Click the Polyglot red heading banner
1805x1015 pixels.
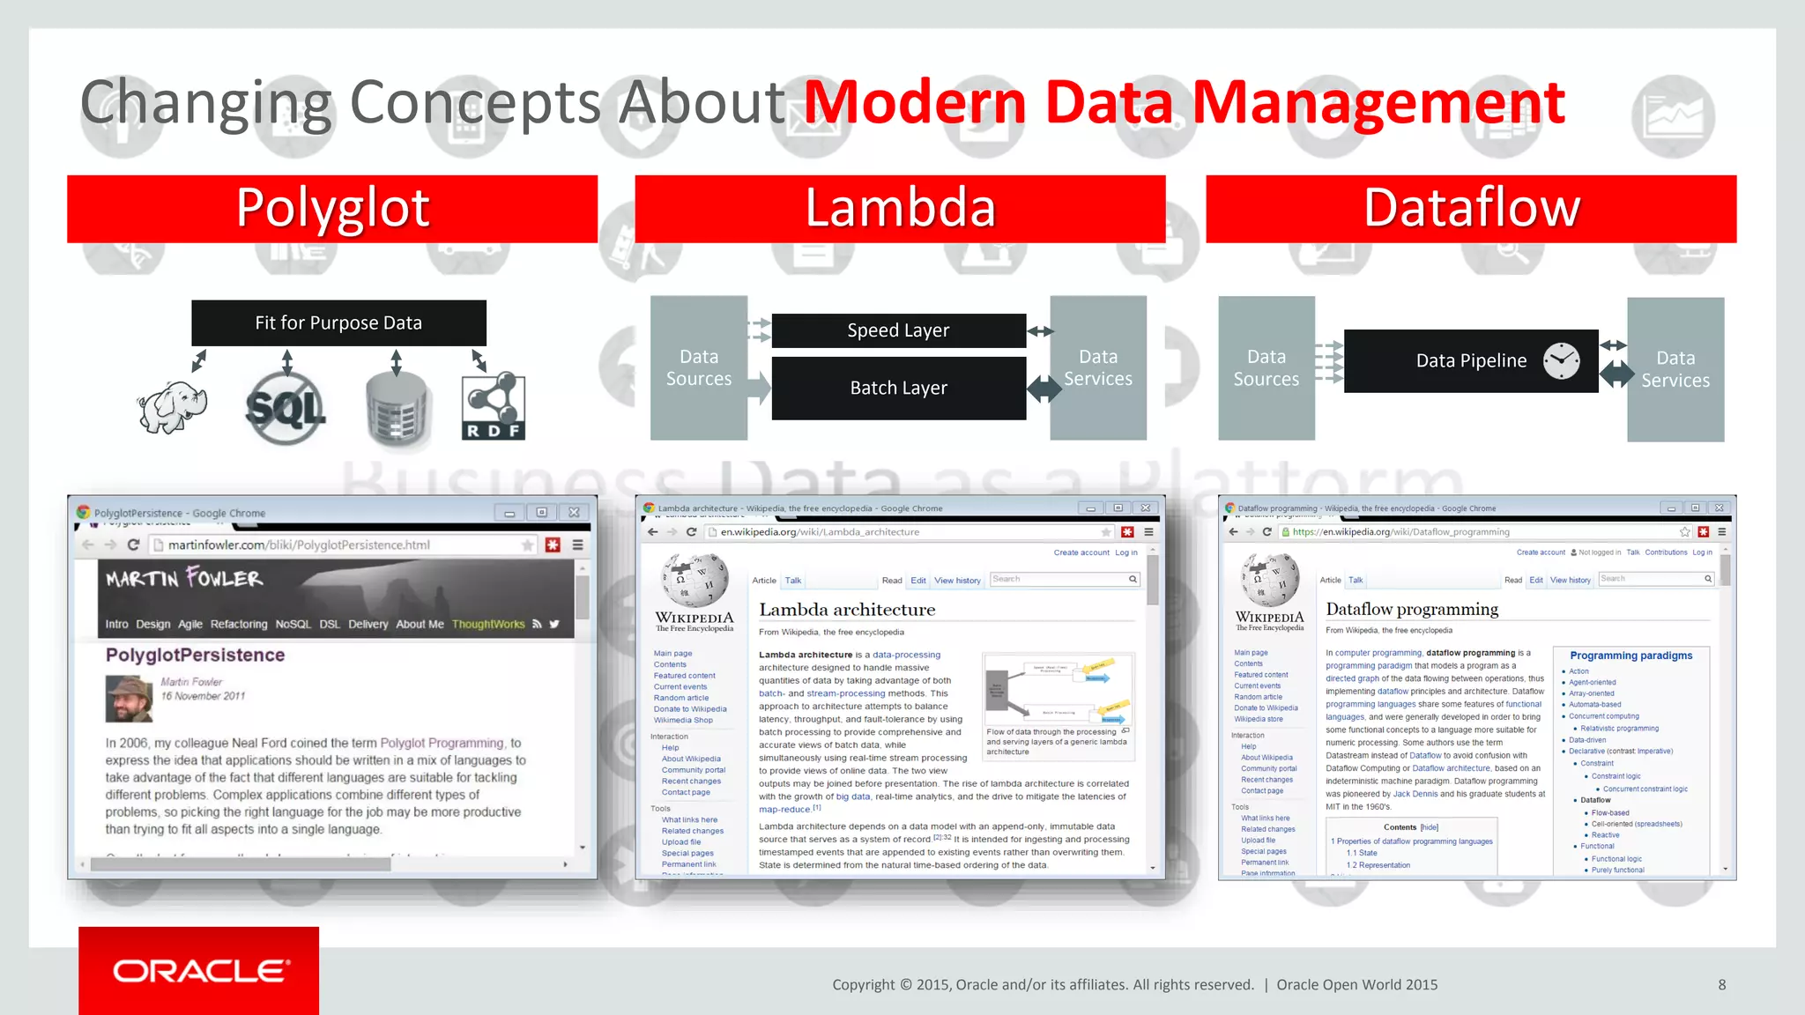(332, 209)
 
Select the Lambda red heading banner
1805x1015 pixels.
(900, 209)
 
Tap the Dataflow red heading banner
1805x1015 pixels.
(1471, 209)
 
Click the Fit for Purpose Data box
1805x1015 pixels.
(338, 323)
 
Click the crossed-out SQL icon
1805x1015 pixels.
(285, 408)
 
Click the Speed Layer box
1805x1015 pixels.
(898, 330)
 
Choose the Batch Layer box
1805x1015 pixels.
(898, 389)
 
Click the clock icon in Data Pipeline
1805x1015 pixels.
(1561, 360)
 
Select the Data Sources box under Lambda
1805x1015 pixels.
(698, 368)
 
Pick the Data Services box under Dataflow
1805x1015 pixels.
(1675, 369)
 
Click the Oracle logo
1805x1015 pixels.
(199, 971)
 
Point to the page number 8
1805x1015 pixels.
(1721, 985)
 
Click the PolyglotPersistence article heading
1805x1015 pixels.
(196, 655)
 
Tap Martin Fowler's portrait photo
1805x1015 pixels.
(129, 699)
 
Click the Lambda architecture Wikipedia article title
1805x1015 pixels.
(847, 610)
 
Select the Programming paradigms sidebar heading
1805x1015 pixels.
(1630, 656)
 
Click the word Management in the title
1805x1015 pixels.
(1378, 103)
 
